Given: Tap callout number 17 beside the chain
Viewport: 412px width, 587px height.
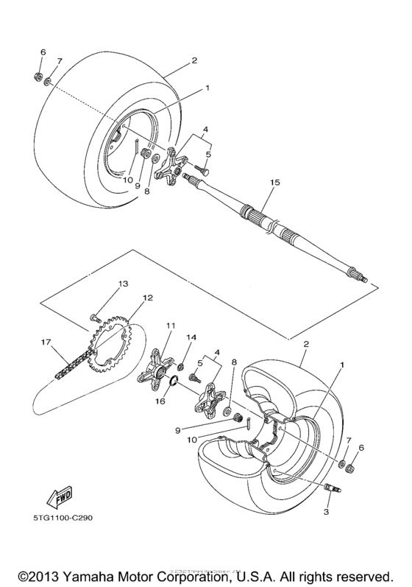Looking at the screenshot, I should (46, 342).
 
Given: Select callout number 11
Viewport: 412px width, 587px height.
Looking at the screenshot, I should (171, 325).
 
